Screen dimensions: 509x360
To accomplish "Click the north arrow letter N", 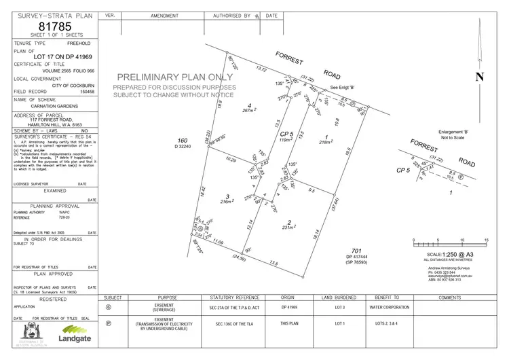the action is [x=480, y=77].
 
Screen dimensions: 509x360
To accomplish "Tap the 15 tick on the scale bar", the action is [x=486, y=240].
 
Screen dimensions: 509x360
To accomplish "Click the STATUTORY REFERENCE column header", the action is [x=235, y=298].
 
